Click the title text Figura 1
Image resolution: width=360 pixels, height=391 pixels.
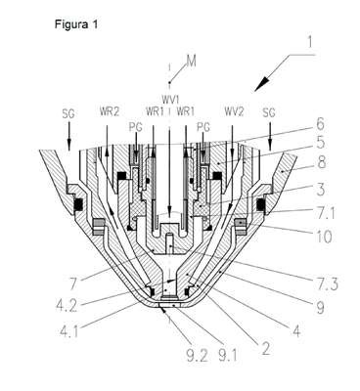point(76,24)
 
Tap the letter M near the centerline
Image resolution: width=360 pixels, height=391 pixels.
point(192,62)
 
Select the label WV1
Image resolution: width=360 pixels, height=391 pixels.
point(169,98)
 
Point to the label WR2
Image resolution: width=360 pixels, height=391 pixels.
point(110,111)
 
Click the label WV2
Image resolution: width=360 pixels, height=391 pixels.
point(234,111)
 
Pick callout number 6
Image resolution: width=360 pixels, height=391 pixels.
point(320,124)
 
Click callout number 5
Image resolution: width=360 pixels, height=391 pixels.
point(321,143)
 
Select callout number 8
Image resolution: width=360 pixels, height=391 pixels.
point(322,163)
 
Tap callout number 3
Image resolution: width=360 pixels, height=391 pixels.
point(321,190)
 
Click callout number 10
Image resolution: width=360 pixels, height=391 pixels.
point(324,237)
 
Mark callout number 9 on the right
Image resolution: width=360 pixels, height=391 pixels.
point(321,308)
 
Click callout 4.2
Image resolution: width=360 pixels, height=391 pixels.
point(67,306)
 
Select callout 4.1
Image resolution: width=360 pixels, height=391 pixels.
point(69,329)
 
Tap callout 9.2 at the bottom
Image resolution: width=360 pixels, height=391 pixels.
point(197,357)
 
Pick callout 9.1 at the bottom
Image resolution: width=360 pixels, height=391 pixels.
point(229,355)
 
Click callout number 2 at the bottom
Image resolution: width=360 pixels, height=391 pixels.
point(266,349)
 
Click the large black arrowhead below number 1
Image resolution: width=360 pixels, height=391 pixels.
point(263,83)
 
